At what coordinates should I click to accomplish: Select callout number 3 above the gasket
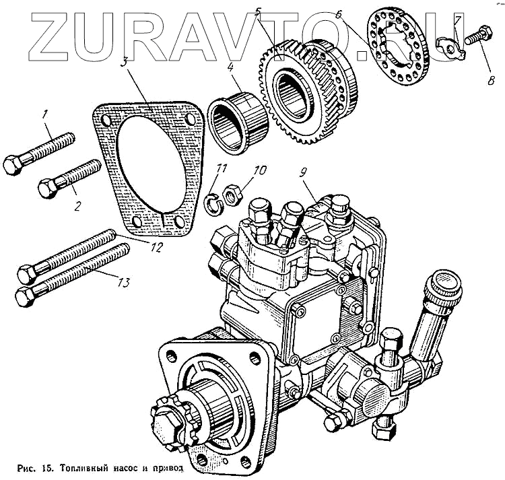(125, 62)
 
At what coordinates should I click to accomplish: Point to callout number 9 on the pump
(305, 172)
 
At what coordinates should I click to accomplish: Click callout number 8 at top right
(490, 81)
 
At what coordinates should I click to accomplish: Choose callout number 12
(156, 247)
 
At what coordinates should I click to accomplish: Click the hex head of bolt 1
(13, 164)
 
